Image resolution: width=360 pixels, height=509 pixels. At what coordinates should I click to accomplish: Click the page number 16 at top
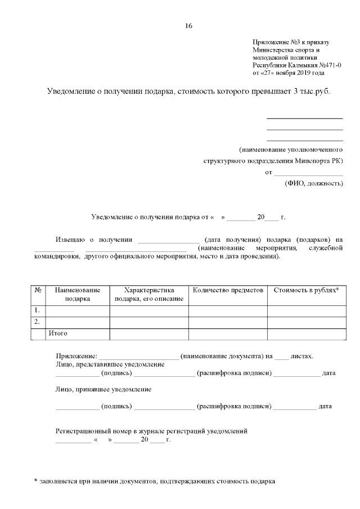[x=188, y=25]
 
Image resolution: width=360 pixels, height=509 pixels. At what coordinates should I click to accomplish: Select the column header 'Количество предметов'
[x=228, y=290]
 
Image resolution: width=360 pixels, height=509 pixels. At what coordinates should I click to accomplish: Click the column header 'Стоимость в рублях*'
[x=306, y=290]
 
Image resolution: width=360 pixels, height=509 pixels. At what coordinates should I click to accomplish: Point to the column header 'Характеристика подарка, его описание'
[x=149, y=294]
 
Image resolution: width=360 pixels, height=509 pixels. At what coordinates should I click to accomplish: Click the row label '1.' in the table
[x=37, y=310]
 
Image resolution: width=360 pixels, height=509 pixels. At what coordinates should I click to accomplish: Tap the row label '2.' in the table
[x=37, y=322]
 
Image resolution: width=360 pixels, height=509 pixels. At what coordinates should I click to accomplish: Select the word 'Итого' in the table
[x=58, y=334]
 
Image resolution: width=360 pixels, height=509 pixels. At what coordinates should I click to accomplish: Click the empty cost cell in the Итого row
[x=306, y=334]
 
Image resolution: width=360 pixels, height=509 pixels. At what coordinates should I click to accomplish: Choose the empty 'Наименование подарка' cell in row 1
[x=78, y=310]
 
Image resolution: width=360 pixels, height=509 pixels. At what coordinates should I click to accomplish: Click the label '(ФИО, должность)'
[x=314, y=183]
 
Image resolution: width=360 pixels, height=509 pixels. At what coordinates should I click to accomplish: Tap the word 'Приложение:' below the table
[x=76, y=356]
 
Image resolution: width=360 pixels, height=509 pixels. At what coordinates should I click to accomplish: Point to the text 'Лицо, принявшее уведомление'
[x=104, y=389]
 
